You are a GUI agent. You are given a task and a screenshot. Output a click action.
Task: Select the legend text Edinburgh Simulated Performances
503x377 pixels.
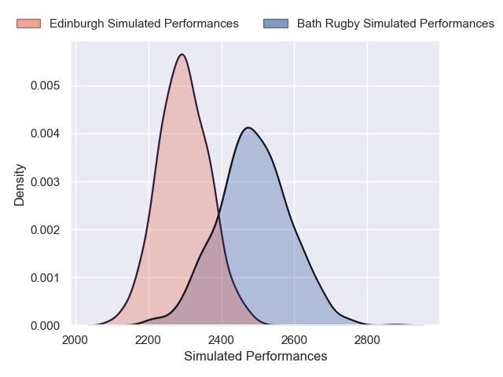click(144, 24)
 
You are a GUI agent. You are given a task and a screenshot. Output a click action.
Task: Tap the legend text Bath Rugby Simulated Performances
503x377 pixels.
click(395, 24)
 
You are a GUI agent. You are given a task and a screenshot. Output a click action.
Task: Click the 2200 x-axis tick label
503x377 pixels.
click(149, 340)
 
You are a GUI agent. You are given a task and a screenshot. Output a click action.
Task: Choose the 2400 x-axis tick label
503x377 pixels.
click(222, 340)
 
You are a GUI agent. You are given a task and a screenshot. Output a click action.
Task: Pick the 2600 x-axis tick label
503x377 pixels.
click(294, 340)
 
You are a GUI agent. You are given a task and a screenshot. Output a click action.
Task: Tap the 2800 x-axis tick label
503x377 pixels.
click(367, 340)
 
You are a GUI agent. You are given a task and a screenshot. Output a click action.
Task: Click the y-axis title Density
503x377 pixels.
click(20, 185)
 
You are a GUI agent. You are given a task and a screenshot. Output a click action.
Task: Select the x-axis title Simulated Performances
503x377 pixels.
click(255, 357)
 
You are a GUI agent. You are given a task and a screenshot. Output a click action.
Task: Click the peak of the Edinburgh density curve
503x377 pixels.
click(182, 54)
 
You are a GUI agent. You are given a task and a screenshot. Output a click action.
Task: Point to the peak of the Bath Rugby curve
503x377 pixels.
click(248, 127)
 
